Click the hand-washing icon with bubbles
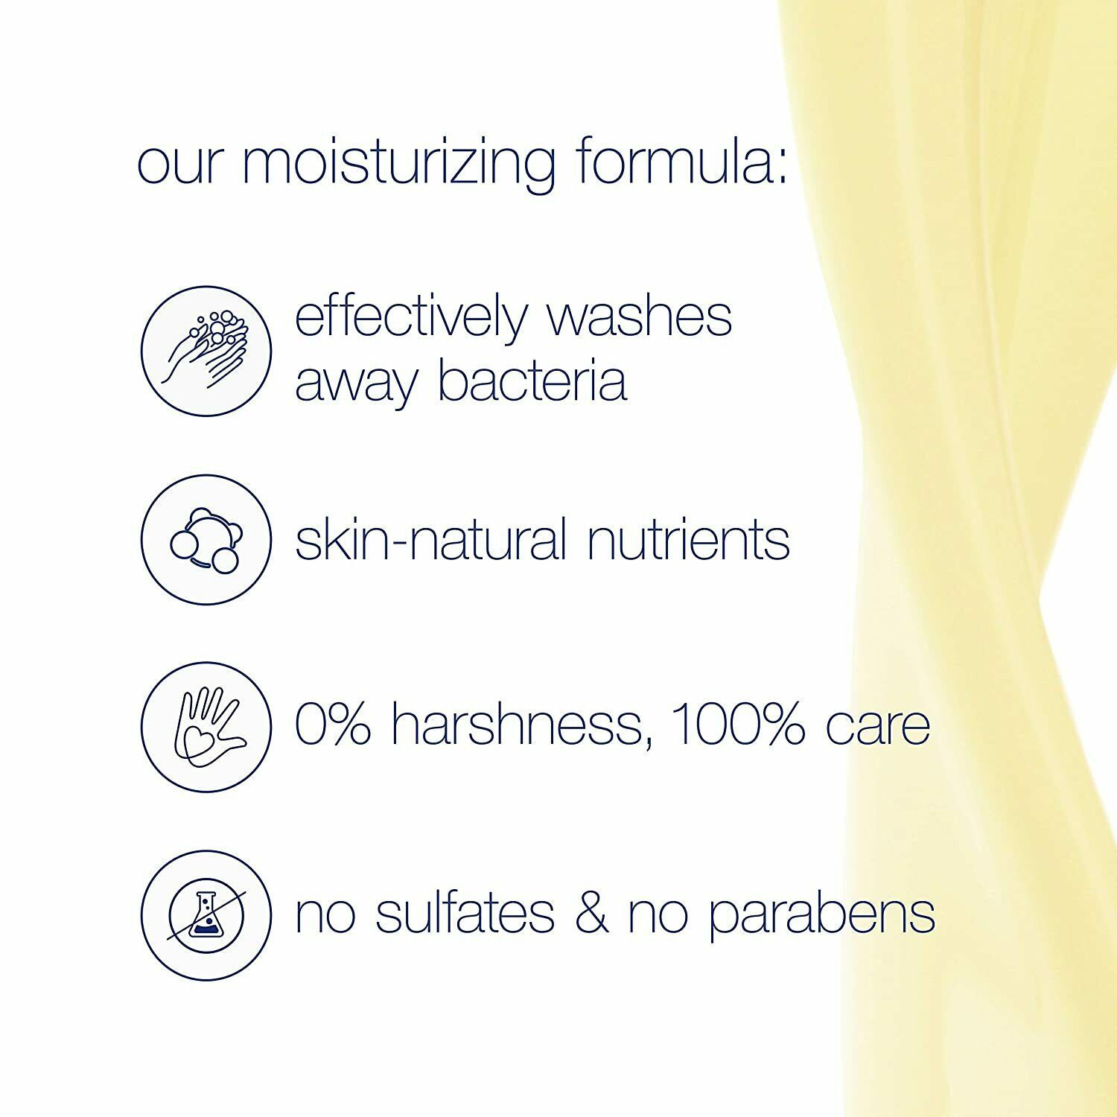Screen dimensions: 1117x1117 tap(206, 351)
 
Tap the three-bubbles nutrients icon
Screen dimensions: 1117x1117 tap(206, 540)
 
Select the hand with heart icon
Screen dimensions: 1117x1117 tap(206, 726)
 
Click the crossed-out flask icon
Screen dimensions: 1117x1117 tap(206, 915)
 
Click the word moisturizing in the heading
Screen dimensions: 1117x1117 tap(398, 164)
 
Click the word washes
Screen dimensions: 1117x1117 tap(640, 317)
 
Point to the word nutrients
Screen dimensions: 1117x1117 tap(688, 540)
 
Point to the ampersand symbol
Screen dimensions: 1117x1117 tap(592, 913)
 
